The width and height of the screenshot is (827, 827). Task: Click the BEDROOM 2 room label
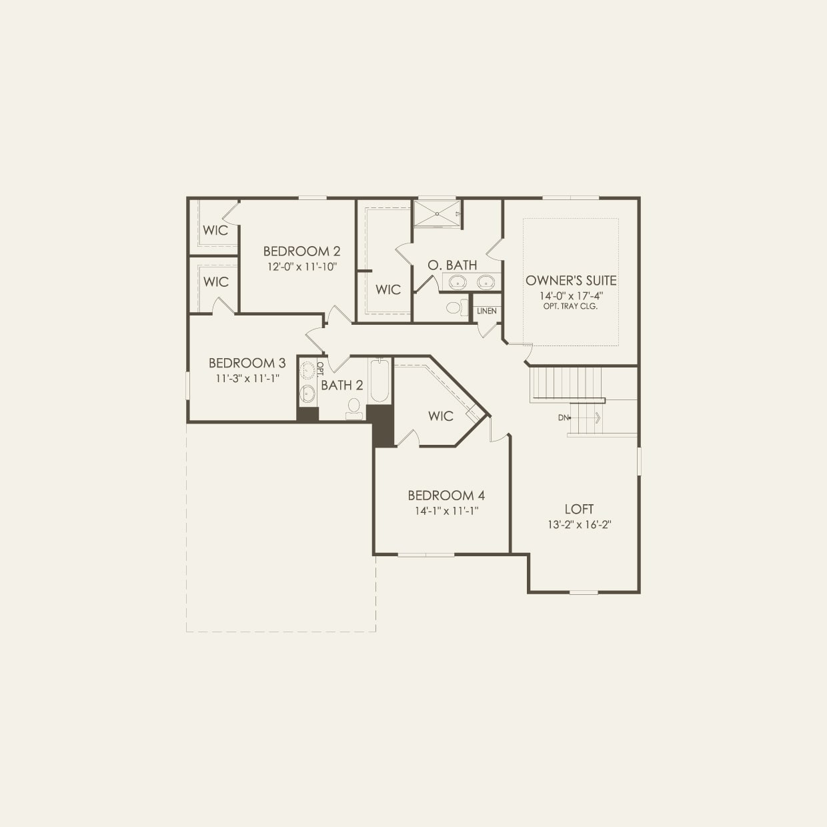coord(301,251)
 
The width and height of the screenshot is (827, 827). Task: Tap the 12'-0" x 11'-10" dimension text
coord(301,267)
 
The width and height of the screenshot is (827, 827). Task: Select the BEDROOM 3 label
coord(247,363)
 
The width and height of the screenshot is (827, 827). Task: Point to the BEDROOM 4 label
coord(446,496)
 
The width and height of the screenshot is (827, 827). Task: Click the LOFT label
coord(579,509)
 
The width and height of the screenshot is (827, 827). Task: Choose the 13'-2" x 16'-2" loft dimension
coord(580,525)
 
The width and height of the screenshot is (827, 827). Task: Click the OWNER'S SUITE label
coord(571,281)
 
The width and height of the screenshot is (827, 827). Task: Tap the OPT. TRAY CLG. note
coord(571,307)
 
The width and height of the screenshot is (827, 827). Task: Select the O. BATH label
coord(452,265)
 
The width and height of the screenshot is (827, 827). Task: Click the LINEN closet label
coord(486,311)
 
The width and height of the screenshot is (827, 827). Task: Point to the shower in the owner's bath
coord(437,213)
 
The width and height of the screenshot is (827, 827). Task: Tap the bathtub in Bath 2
coord(379,381)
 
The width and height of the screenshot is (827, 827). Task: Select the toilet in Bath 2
coord(354,408)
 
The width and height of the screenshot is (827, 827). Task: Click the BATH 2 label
coord(342,385)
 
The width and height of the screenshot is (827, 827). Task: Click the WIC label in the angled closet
coord(440,416)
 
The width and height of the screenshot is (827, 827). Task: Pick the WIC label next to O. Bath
coord(388,289)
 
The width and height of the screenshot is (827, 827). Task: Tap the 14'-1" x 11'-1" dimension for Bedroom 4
coord(446,511)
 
